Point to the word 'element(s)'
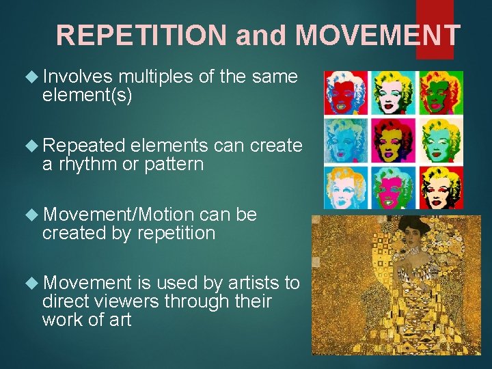pyautogui.click(x=87, y=95)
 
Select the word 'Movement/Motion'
pyautogui.click(x=120, y=214)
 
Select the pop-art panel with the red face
pyautogui.click(x=346, y=93)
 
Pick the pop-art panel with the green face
pyautogui.click(x=440, y=93)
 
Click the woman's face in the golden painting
pyautogui.click(x=410, y=238)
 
